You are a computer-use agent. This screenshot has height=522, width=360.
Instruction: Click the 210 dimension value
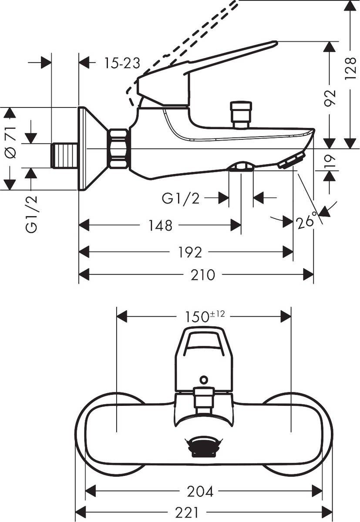(202, 275)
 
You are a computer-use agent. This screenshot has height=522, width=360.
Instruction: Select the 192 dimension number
(190, 252)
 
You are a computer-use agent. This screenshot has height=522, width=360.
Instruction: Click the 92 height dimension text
(331, 98)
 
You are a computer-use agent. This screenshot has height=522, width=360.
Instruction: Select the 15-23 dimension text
(122, 64)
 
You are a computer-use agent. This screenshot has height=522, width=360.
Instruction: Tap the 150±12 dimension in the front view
(204, 317)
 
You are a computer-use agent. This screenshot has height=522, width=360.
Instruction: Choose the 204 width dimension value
(200, 492)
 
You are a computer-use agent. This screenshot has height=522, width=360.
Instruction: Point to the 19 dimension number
(330, 161)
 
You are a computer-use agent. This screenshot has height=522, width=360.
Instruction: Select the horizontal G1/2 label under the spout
(181, 198)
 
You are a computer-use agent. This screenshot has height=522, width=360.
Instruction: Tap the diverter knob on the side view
(241, 114)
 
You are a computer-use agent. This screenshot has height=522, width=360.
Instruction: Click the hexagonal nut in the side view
(118, 149)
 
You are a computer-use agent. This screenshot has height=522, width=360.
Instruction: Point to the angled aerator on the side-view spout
(291, 161)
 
